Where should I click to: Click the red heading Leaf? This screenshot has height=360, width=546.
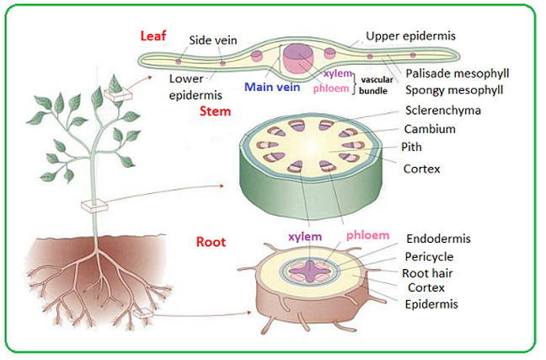click(153, 36)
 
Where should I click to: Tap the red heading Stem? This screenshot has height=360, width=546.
click(215, 111)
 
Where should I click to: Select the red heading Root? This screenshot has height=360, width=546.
click(211, 242)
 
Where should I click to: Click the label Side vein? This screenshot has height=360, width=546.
click(213, 40)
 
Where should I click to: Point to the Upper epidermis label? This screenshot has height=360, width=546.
click(410, 36)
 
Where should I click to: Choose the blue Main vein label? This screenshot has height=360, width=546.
click(272, 87)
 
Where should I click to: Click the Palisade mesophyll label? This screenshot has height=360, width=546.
click(458, 73)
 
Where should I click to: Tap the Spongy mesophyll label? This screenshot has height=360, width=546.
click(454, 90)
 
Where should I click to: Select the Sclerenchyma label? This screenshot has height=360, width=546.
click(443, 110)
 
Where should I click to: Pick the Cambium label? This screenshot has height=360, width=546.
click(430, 129)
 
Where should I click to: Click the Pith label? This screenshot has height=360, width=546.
click(411, 147)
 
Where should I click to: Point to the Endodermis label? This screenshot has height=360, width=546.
click(438, 239)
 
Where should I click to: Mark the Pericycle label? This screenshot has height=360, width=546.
click(429, 257)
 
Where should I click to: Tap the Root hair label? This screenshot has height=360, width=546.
click(427, 273)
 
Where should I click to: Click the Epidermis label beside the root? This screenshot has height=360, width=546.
click(431, 304)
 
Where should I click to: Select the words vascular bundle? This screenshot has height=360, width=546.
click(376, 85)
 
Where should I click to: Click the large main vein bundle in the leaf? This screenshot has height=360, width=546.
click(298, 58)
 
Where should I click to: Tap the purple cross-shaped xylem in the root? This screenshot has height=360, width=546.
click(309, 271)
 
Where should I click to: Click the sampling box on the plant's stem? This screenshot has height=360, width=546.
click(94, 205)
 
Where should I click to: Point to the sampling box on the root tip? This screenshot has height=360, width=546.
click(143, 314)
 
